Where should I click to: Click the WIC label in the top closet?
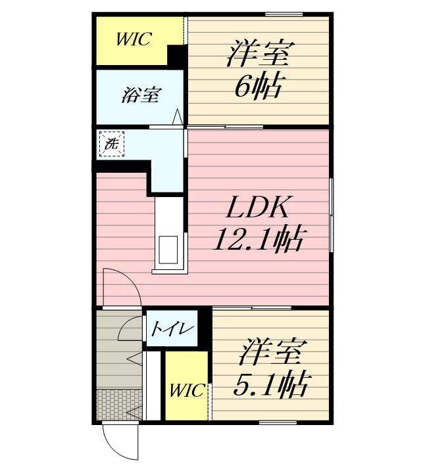pyautogui.click(x=134, y=39)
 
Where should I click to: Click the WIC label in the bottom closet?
pyautogui.click(x=187, y=390)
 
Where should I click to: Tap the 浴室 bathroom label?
pyautogui.click(x=140, y=95)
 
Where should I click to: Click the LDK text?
pyautogui.click(x=257, y=210)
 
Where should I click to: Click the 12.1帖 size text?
pyautogui.click(x=257, y=240)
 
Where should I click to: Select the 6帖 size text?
pyautogui.click(x=259, y=85)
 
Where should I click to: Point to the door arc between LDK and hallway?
pyautogui.click(x=122, y=289)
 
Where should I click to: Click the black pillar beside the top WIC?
pyautogui.click(x=176, y=56)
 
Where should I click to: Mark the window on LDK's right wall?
pyautogui.click(x=331, y=214)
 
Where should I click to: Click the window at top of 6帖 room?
pyautogui.click(x=288, y=14)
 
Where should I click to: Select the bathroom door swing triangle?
pyautogui.click(x=178, y=117)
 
